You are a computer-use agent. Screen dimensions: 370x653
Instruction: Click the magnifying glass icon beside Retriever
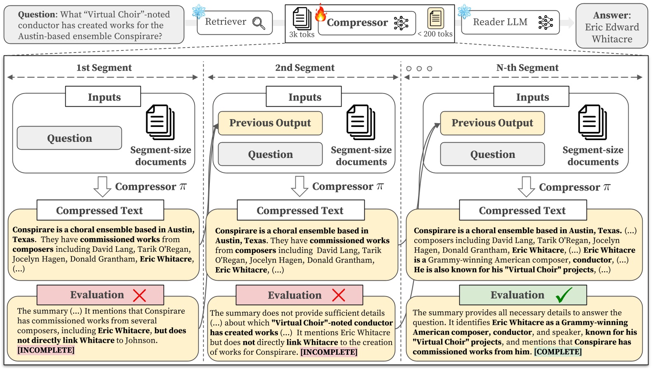click(x=259, y=23)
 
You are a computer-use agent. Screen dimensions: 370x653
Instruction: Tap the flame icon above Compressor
click(x=320, y=14)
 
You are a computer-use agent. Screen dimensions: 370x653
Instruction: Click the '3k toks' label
click(x=302, y=34)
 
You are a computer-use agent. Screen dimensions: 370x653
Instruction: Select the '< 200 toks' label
click(x=435, y=34)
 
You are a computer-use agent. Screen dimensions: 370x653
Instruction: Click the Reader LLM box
click(x=510, y=22)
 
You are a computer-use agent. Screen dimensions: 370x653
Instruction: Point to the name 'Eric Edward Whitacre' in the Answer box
click(x=612, y=33)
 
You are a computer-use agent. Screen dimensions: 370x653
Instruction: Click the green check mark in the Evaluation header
click(x=563, y=295)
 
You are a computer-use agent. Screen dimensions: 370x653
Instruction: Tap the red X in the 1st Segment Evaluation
click(x=140, y=295)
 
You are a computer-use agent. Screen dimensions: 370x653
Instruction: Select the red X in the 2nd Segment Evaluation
click(x=338, y=295)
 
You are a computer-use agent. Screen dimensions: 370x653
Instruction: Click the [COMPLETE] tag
click(x=558, y=352)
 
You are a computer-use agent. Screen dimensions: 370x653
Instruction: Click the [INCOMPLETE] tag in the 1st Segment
click(x=46, y=350)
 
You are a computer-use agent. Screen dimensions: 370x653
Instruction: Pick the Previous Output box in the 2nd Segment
click(x=270, y=123)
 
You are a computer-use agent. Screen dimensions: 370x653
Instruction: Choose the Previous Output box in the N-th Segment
click(x=492, y=123)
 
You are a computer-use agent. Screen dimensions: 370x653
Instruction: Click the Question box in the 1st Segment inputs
click(x=69, y=138)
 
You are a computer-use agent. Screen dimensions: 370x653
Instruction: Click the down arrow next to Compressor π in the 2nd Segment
click(x=299, y=186)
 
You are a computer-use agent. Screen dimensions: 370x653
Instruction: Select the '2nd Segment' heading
click(x=305, y=68)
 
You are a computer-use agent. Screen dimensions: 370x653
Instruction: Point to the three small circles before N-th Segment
click(x=419, y=69)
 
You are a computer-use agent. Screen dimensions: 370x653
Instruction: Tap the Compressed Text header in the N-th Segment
click(x=522, y=210)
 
